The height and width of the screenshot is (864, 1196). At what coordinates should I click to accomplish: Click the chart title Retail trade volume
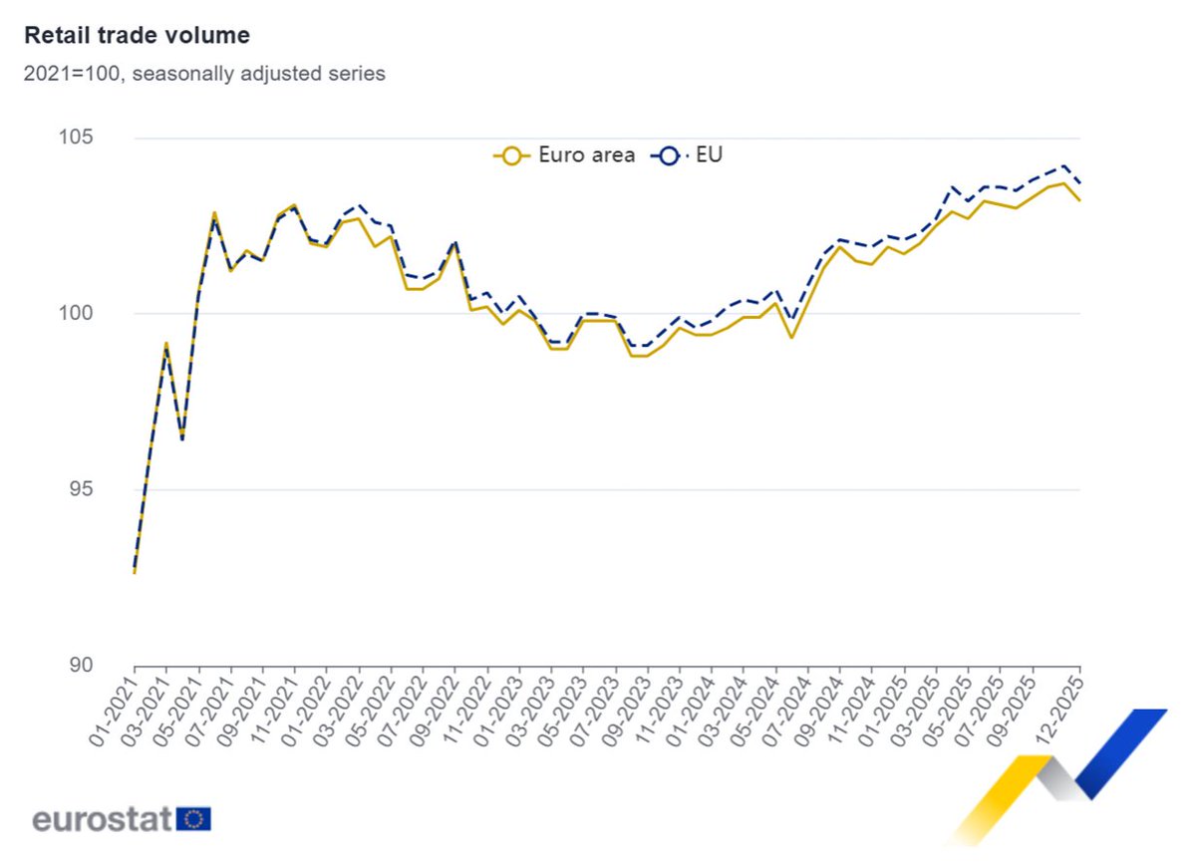tap(137, 36)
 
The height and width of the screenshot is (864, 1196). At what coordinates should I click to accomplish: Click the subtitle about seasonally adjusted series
tap(204, 74)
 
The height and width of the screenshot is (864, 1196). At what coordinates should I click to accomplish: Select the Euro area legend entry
tap(565, 154)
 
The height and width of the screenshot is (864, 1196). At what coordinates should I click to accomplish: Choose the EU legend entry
tap(688, 154)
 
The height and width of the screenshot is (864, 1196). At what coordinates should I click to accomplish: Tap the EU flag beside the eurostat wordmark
tap(193, 819)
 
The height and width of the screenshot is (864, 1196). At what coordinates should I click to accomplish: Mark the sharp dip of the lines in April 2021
tap(182, 438)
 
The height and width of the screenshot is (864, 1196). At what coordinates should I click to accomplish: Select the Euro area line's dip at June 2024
tap(791, 338)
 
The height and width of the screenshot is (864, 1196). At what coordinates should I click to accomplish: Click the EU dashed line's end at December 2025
tap(1080, 182)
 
